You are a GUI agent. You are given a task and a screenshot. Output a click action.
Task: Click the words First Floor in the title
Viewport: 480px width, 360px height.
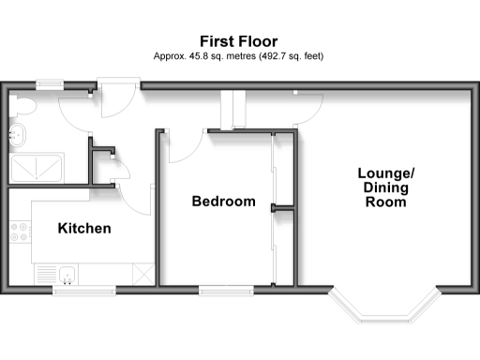click(x=239, y=41)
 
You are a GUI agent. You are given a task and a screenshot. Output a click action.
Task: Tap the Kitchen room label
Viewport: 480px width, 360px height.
click(x=84, y=229)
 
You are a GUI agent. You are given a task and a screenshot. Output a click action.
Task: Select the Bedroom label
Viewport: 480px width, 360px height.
click(x=223, y=202)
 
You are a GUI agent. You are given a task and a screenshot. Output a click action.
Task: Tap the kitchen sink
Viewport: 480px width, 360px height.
click(x=66, y=274)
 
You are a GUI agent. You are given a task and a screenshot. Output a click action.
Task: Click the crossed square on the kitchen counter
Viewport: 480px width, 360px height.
click(x=142, y=275)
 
